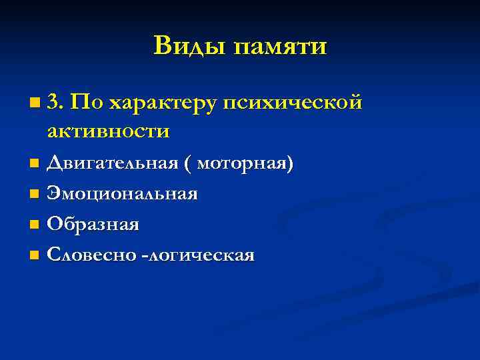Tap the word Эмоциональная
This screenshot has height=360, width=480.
(x=123, y=194)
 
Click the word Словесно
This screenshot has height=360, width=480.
(x=89, y=255)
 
